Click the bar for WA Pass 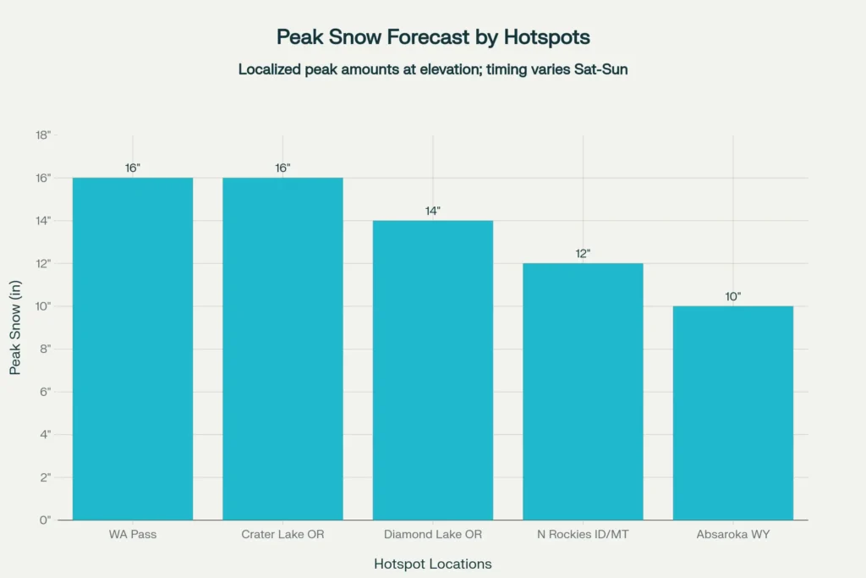pos(133,349)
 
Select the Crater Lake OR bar pos(282,349)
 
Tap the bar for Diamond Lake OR pos(433,370)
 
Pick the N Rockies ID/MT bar pos(583,391)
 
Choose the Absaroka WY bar pos(733,413)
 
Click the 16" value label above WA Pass pos(133,168)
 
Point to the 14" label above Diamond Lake pos(433,211)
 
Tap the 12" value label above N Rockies pos(583,253)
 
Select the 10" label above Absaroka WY pos(733,296)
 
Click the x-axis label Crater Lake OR pos(282,535)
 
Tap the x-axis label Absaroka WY pos(733,535)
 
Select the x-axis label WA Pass pos(133,535)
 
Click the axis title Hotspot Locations pos(433,564)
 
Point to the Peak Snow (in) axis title pos(15,328)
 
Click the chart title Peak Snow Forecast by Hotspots pos(433,36)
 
